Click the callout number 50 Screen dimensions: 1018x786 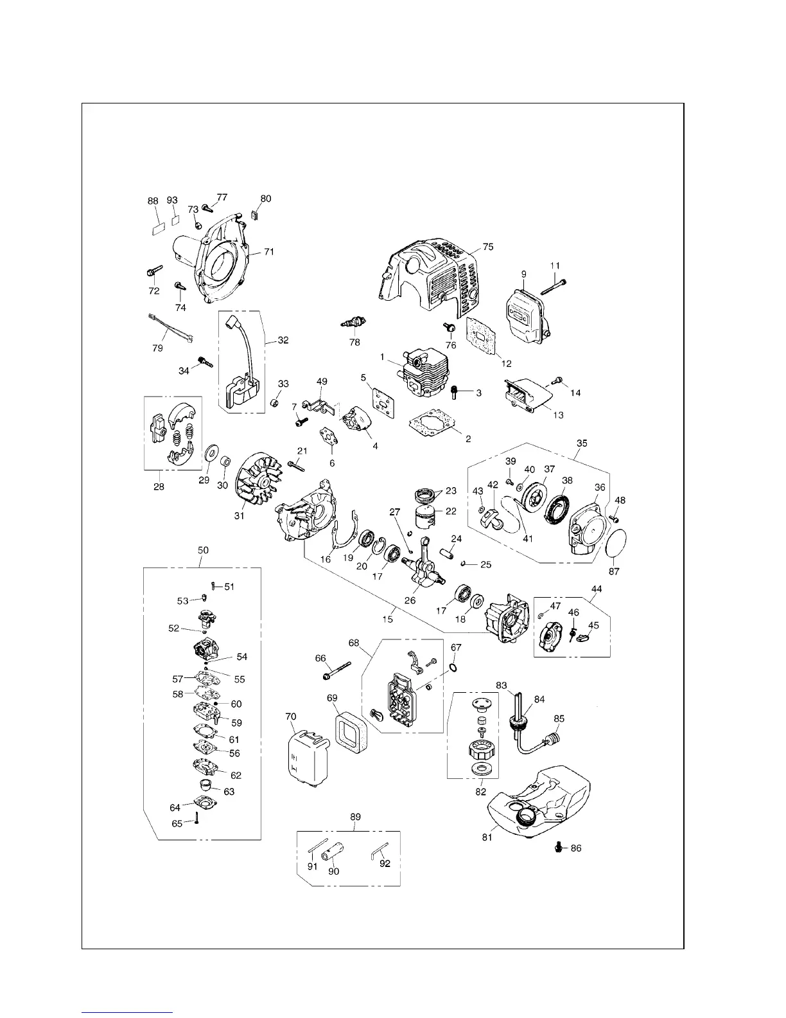[x=203, y=551]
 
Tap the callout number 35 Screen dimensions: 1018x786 [x=582, y=443]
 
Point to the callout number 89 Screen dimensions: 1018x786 [x=355, y=817]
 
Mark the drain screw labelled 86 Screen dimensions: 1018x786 [x=558, y=848]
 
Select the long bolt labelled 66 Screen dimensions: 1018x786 [x=336, y=672]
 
